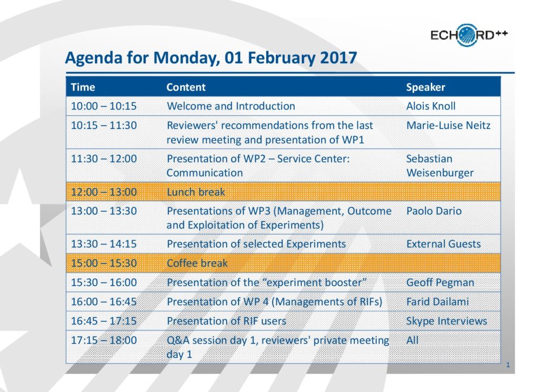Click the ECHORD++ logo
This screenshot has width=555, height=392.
coord(469,35)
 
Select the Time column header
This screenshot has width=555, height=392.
coord(83,87)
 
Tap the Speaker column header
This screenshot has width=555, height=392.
coord(425,87)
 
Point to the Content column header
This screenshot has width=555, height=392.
coord(186,87)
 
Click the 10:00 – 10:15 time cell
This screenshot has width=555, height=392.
coord(104,106)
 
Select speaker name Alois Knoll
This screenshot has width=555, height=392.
coord(431,106)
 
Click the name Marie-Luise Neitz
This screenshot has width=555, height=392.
coord(448,126)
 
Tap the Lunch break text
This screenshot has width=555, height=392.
coord(196,192)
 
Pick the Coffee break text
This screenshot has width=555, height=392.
coord(197,263)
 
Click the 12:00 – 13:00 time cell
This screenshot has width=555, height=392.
coord(104,192)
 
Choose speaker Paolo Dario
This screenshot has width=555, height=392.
coord(434,211)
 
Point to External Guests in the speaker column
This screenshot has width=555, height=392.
coord(443,244)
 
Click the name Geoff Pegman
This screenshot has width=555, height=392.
coord(440,283)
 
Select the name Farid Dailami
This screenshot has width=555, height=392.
coord(437,302)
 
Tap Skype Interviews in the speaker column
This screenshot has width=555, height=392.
coord(447,321)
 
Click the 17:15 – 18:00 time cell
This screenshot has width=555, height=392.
coord(104,341)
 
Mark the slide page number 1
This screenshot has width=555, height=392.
coord(508,365)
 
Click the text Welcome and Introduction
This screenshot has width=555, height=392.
coord(231,106)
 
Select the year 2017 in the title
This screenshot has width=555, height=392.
coord(338,58)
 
